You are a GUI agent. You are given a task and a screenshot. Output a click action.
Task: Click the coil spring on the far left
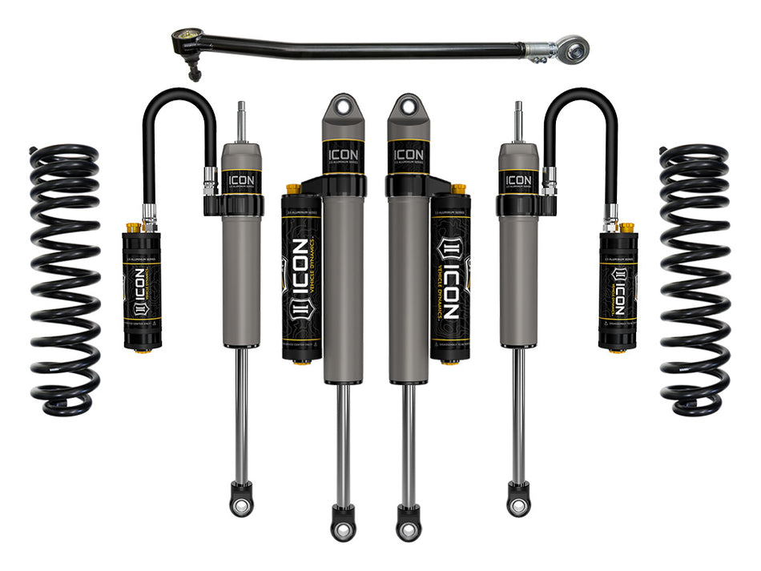(65, 280)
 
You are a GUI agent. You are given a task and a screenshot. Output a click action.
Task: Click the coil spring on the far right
(695, 280)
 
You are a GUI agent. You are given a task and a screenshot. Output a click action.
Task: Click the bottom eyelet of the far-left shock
(240, 503)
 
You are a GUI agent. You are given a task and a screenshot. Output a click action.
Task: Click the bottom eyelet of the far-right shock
(517, 503)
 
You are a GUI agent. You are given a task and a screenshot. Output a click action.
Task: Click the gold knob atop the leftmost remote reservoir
(133, 227)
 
